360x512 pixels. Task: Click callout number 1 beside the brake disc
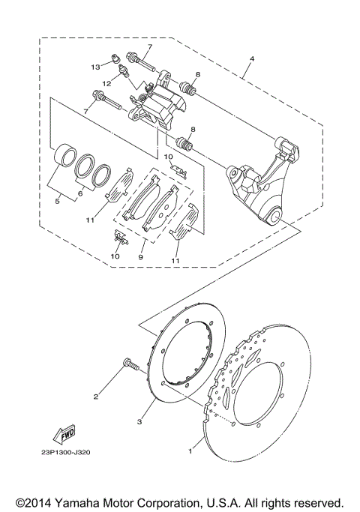(x=190, y=452)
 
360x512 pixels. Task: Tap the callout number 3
(x=139, y=422)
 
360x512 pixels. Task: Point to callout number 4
(x=252, y=58)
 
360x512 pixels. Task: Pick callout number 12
(x=107, y=82)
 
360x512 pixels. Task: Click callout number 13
(x=96, y=67)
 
